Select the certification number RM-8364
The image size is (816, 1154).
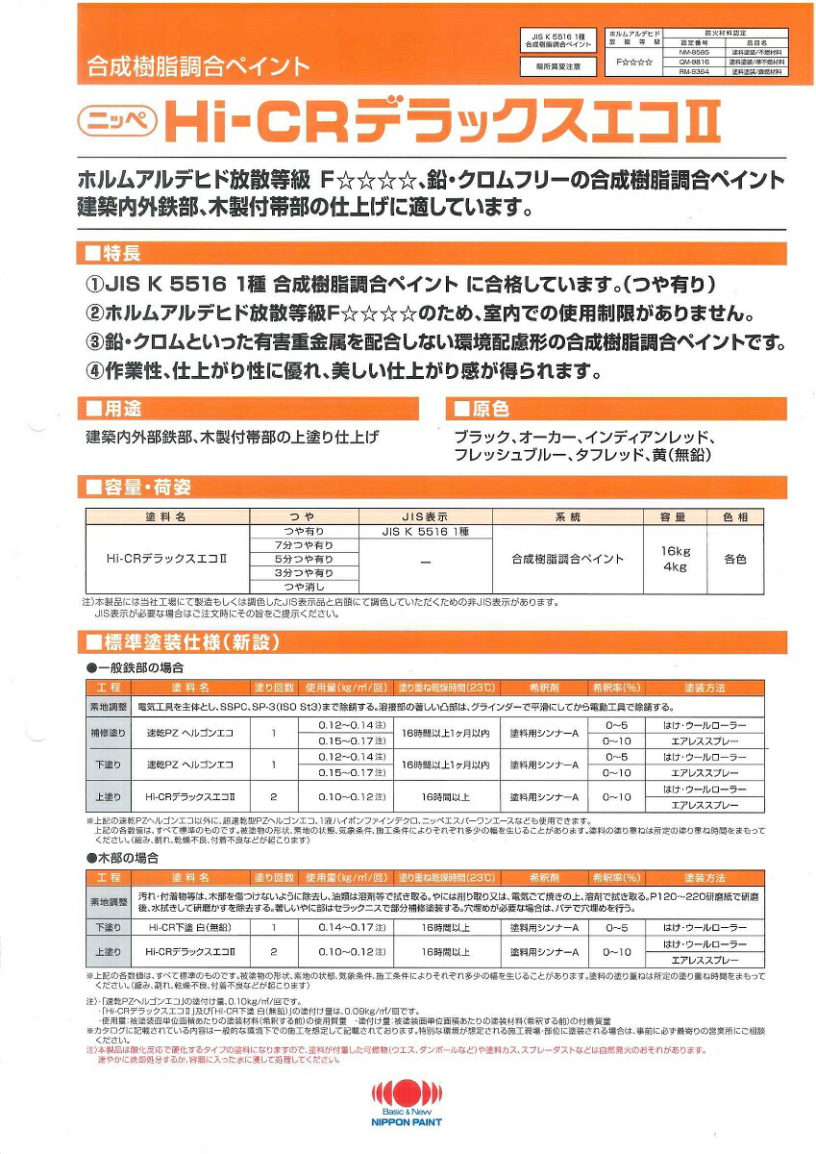695,70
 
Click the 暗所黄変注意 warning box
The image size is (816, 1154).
551,66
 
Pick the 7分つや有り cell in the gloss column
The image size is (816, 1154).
303,545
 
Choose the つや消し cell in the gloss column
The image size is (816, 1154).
303,586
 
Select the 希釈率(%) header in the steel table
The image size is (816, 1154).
616,689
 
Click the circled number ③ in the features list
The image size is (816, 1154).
95,341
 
